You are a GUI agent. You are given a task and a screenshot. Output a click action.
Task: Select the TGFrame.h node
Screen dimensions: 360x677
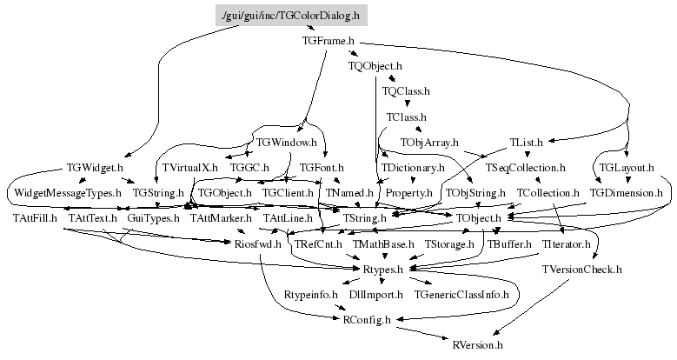329,40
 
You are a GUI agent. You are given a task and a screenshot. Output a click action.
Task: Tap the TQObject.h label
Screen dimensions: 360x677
375,65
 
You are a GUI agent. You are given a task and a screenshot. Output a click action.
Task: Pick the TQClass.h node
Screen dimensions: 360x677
406,90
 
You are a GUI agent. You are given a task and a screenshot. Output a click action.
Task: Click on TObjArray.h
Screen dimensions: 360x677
429,141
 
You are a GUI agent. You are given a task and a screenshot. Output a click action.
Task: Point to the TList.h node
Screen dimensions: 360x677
526,141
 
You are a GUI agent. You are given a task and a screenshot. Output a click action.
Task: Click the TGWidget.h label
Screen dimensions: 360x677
95,167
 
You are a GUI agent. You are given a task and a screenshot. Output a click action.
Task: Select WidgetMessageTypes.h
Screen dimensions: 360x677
67,191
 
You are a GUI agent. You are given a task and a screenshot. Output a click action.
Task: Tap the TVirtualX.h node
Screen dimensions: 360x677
189,167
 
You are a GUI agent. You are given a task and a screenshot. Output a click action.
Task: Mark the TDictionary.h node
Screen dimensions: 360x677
413,167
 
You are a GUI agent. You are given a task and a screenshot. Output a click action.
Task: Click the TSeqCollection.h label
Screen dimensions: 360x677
526,167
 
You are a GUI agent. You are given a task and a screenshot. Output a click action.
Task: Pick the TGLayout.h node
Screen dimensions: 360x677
627,167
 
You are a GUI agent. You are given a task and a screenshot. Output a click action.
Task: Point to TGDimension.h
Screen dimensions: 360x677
626,191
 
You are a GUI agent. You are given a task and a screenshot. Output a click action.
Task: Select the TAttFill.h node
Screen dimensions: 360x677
35,217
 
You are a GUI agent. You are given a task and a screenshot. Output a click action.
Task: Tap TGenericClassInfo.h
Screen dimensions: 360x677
461,296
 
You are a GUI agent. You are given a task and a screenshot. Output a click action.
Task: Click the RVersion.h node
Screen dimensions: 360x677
478,345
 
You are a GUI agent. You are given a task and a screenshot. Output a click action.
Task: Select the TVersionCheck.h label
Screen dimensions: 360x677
582,270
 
